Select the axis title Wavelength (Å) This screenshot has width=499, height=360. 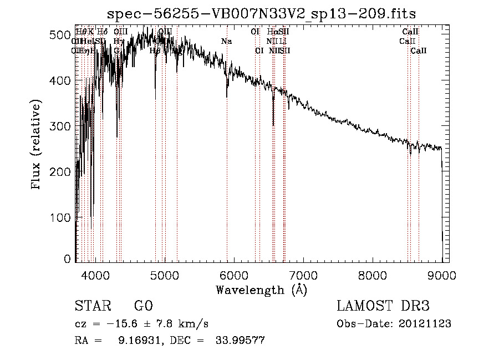[x=261, y=290]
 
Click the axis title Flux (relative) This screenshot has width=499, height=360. [x=37, y=146]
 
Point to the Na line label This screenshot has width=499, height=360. [x=226, y=41]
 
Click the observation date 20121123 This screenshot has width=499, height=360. [x=424, y=324]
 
